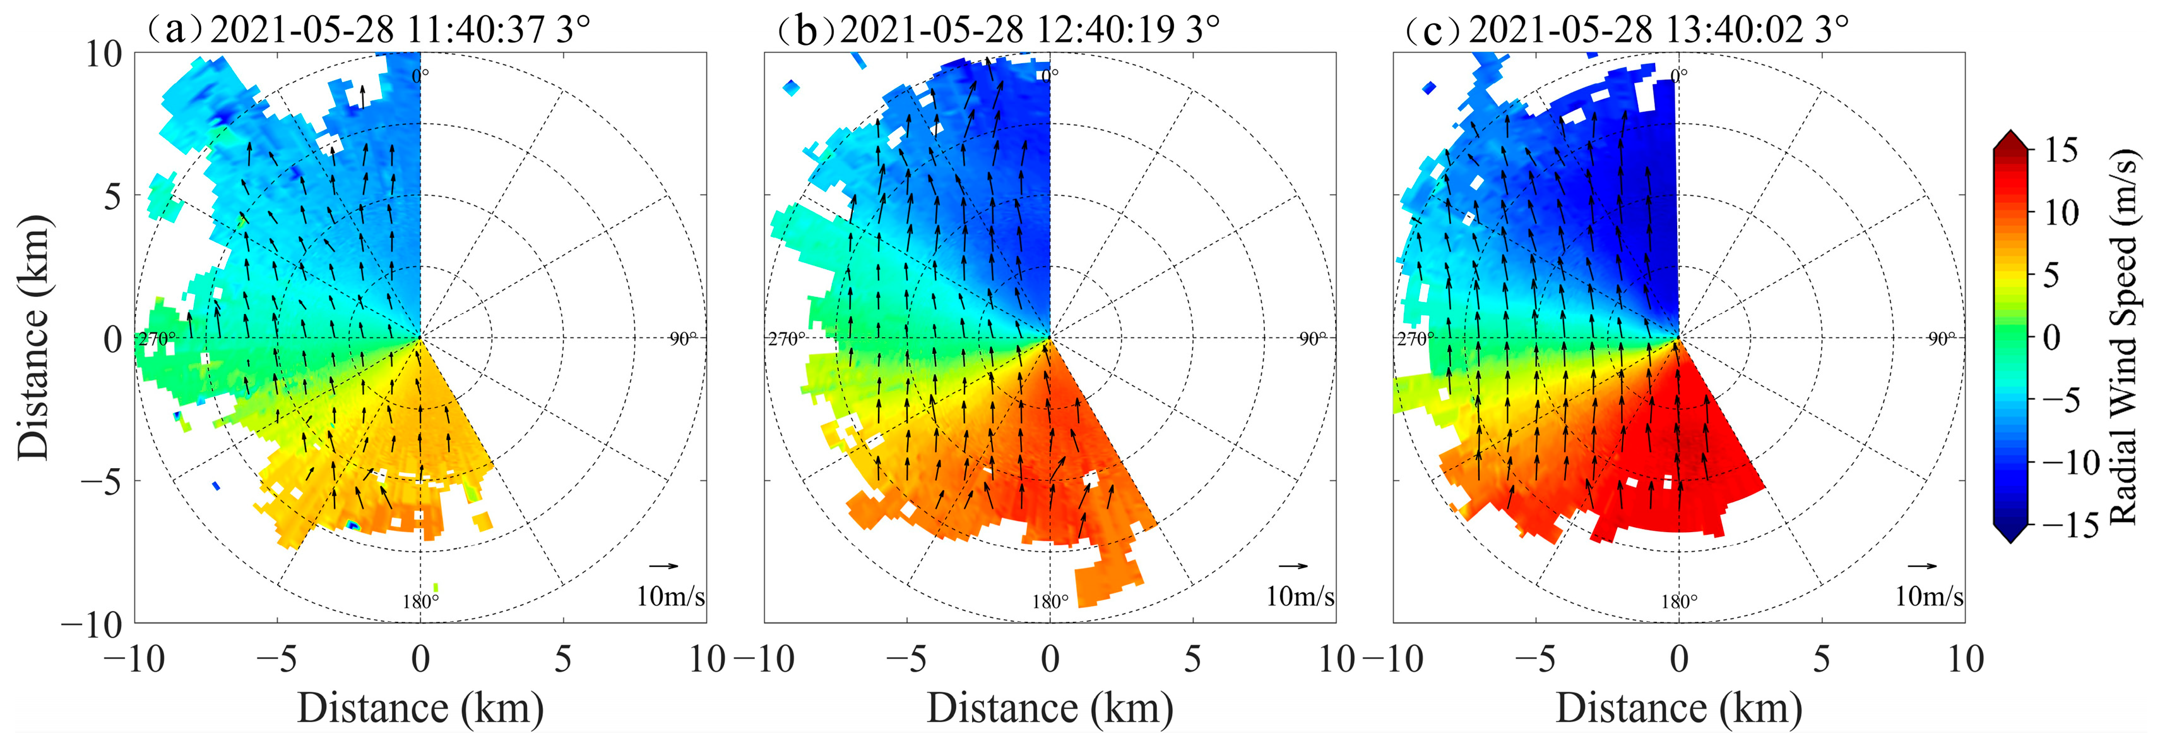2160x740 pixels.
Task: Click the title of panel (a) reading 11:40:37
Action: point(369,30)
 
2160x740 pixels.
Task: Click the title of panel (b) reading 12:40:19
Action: point(998,30)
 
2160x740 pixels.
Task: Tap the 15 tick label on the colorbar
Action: point(2060,151)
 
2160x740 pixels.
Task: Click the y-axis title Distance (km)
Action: point(33,337)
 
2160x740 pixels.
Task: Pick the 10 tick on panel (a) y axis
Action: point(104,54)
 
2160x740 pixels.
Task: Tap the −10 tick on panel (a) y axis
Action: point(92,623)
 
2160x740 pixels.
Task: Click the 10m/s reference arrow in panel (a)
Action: point(663,566)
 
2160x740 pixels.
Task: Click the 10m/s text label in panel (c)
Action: point(1928,597)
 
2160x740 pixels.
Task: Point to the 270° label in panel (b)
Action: point(786,339)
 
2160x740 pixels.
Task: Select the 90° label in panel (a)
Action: point(682,338)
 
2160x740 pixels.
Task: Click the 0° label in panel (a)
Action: point(420,74)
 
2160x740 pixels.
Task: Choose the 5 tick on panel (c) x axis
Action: point(1821,660)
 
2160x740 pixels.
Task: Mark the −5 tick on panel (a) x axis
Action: point(276,660)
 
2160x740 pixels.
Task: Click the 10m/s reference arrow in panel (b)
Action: point(1293,566)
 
